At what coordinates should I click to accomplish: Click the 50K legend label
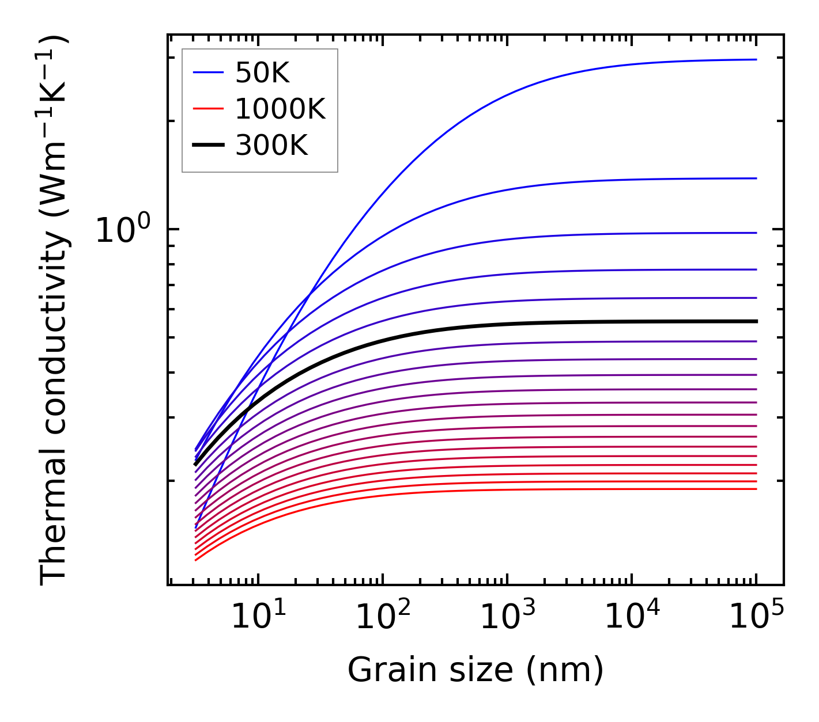pos(262,73)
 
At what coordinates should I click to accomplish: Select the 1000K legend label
pos(280,109)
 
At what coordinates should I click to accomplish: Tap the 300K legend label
pos(271,146)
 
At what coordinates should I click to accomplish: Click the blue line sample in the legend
pos(208,73)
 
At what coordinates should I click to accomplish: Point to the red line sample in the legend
pos(208,109)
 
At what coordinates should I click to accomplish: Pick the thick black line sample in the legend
pos(208,146)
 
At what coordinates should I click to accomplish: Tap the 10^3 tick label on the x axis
pos(507,617)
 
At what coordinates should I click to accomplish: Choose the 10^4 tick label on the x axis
pos(632,617)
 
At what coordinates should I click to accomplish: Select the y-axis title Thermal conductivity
pos(54,311)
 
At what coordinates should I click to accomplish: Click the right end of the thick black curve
pos(756,321)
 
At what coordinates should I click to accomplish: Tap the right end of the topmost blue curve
pos(756,59)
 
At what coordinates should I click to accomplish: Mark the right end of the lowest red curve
pos(756,489)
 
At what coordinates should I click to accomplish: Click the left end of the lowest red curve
pos(196,560)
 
